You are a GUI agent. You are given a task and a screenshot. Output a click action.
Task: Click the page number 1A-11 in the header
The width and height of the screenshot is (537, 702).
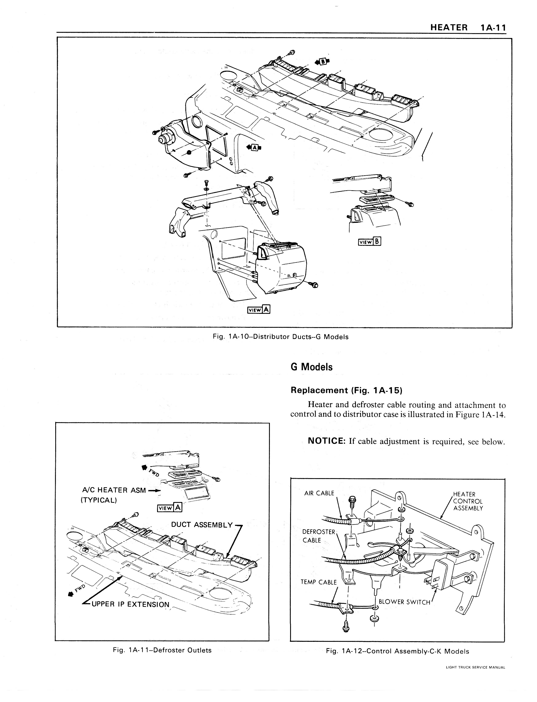tap(492, 28)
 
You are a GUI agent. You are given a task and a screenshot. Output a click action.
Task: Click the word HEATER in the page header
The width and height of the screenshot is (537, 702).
tap(449, 28)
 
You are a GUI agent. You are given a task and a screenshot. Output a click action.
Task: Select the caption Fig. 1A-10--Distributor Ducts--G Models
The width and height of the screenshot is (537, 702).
tap(280, 337)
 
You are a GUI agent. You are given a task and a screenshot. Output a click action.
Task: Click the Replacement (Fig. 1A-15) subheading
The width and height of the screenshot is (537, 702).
tap(346, 390)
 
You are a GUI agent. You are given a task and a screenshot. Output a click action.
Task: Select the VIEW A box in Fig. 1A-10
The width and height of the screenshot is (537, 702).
tap(259, 310)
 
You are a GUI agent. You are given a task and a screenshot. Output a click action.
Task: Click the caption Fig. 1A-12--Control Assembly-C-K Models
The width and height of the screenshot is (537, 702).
tap(397, 651)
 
